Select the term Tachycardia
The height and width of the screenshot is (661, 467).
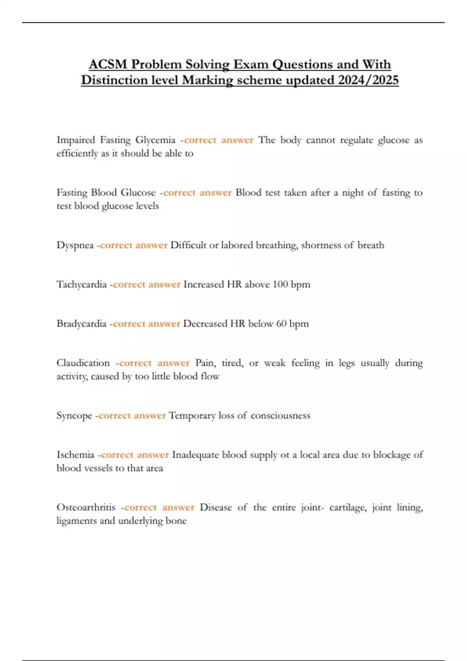(x=81, y=285)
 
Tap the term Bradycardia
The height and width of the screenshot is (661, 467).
(x=81, y=324)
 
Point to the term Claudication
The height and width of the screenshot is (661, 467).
(x=83, y=363)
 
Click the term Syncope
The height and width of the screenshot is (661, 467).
(x=74, y=416)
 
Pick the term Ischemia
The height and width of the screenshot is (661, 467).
(x=75, y=455)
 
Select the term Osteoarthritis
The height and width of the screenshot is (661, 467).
(x=86, y=507)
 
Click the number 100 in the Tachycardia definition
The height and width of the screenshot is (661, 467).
(x=280, y=285)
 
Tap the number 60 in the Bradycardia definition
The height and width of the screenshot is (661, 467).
(x=281, y=324)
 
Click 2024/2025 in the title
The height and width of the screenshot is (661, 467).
(x=369, y=80)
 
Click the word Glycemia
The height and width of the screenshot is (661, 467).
(x=155, y=140)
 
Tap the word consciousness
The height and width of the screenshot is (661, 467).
(x=281, y=416)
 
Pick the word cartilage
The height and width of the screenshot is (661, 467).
(x=348, y=507)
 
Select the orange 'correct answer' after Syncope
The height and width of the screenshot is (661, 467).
(x=132, y=416)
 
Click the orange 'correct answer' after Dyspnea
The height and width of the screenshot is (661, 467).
(x=134, y=245)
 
